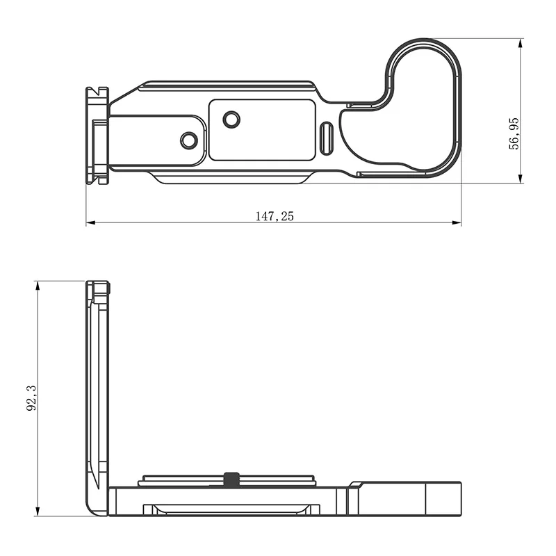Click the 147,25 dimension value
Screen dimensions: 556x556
275,216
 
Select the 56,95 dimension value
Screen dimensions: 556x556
514,133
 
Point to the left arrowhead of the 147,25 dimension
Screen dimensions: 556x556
90,223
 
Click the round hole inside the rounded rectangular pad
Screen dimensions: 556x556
231,120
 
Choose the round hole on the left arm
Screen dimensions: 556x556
188,140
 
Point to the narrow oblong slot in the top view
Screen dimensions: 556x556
327,139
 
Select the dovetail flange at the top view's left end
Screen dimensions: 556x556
97,135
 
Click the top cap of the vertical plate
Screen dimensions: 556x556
98,287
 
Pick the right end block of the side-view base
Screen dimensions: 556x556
410,499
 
